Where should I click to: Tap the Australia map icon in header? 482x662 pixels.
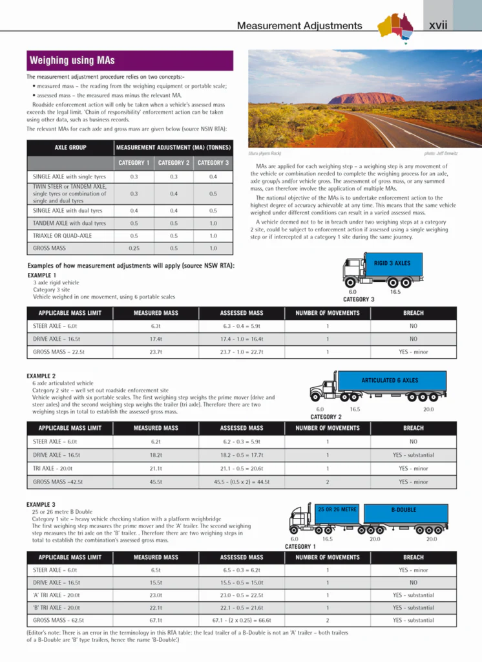point(395,26)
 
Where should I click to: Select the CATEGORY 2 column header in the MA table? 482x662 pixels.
point(174,163)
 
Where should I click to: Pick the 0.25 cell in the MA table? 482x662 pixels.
point(134,248)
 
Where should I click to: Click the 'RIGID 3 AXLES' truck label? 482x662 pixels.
point(392,264)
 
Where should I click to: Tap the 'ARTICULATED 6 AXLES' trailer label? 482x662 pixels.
point(390,381)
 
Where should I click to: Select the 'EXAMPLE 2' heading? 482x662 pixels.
point(41,376)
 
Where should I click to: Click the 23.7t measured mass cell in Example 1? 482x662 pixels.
point(156,352)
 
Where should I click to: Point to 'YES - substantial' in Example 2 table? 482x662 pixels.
point(413,455)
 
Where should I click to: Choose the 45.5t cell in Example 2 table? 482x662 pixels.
point(156,482)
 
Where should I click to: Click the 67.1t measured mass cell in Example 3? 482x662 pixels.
point(156,620)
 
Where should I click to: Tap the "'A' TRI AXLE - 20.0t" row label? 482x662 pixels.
point(56,595)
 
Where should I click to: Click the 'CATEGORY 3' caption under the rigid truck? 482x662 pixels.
point(359,299)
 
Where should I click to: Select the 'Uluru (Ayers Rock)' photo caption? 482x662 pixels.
point(265,153)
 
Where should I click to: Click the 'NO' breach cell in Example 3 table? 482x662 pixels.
point(413,582)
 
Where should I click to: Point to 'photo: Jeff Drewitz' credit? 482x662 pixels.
point(441,153)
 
